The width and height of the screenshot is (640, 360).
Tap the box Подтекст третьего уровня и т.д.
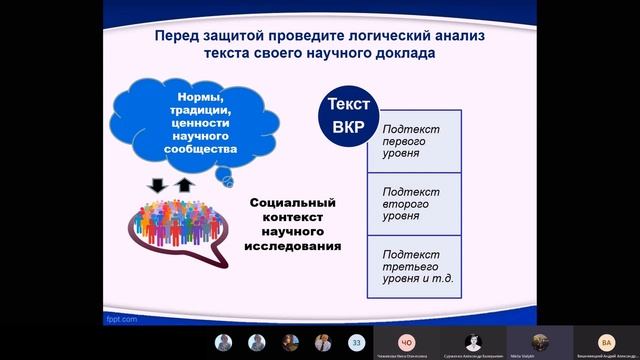pos(412,264)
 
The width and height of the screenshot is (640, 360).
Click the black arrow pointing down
pos(156,186)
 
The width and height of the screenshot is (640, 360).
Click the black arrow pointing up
pos(183,185)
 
